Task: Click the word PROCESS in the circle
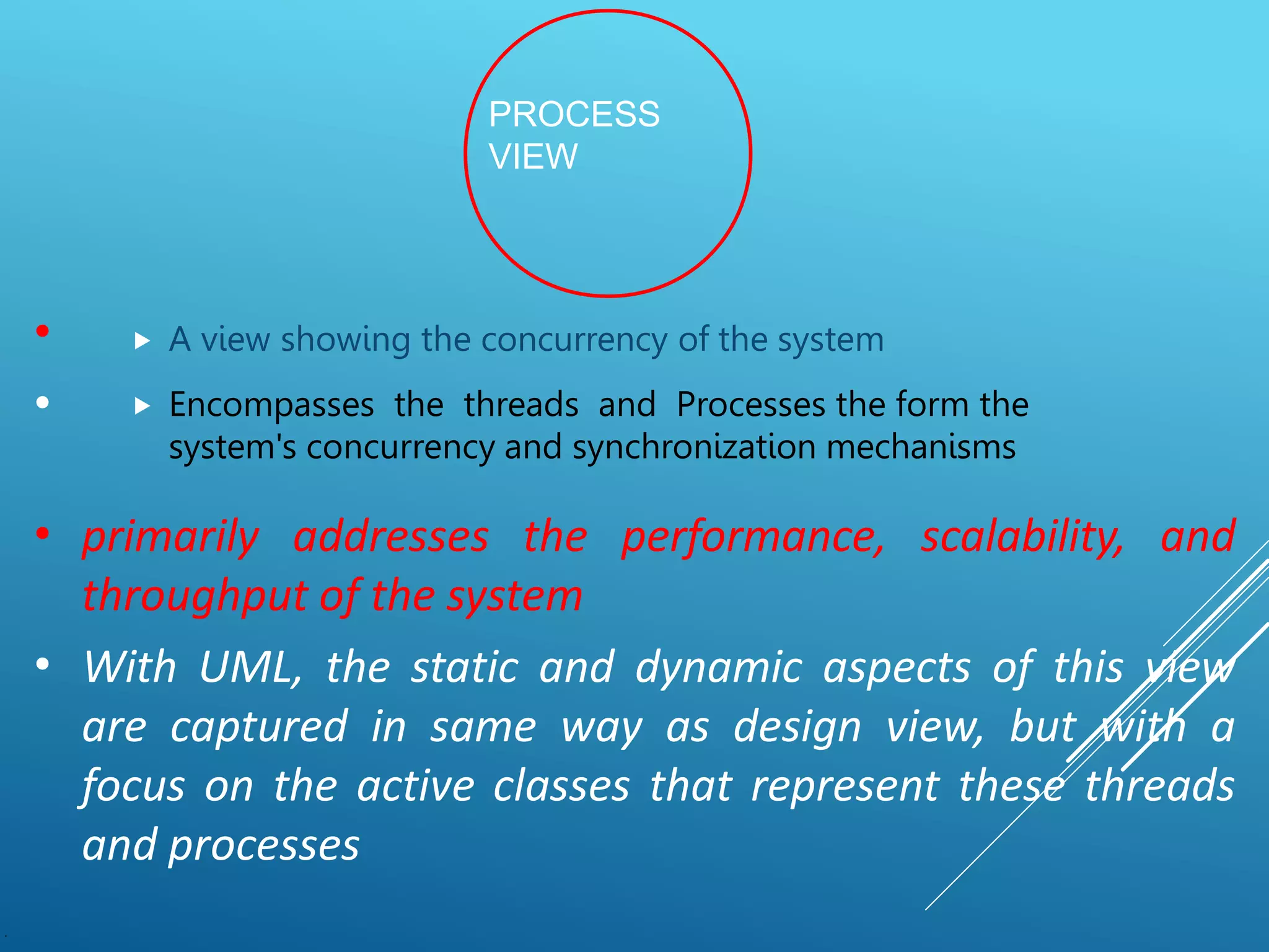pyautogui.click(x=574, y=115)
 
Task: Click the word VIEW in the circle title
pyautogui.click(x=533, y=156)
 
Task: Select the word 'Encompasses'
pyautogui.click(x=271, y=405)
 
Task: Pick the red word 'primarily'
pyautogui.click(x=171, y=537)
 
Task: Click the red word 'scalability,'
pyautogui.click(x=1022, y=537)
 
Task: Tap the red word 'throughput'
pyautogui.click(x=196, y=596)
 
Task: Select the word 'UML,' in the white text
pyautogui.click(x=250, y=668)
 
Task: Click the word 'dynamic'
pyautogui.click(x=719, y=668)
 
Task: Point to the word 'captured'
pyautogui.click(x=258, y=728)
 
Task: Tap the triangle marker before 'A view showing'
pyautogui.click(x=143, y=341)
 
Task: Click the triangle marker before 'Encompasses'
pyautogui.click(x=143, y=407)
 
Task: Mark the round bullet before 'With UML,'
pyautogui.click(x=42, y=665)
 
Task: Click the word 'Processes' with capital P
pyautogui.click(x=750, y=405)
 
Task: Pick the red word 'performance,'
pyautogui.click(x=753, y=537)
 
